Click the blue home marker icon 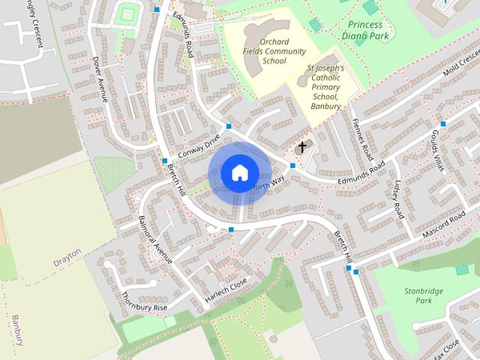coord(238,172)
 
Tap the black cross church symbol coord(303,146)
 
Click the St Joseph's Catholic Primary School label coord(325,87)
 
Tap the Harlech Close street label coord(226,292)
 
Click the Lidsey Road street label coord(397,199)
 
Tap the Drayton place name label coord(67,262)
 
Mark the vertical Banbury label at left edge coord(16,330)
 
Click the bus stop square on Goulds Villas coord(442,124)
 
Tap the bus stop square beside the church coord(292,165)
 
